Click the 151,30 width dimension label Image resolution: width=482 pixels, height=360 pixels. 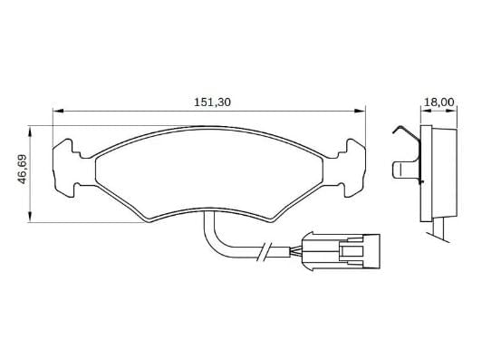point(212,102)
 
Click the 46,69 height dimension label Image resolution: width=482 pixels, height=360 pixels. point(23,169)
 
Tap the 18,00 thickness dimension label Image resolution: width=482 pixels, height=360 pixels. point(439,102)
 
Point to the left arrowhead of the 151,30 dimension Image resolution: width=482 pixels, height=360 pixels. point(58,111)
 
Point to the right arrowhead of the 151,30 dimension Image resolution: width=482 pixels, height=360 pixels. point(360,111)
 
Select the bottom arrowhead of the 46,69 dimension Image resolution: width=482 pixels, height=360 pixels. point(30,216)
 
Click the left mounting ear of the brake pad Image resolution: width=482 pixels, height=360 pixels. point(66,168)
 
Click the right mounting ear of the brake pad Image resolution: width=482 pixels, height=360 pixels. point(352,168)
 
